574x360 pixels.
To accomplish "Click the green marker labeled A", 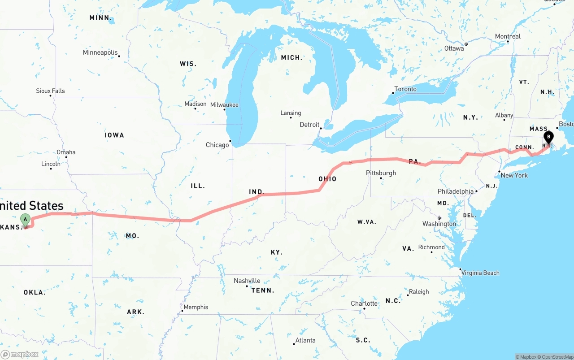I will click(x=26, y=220).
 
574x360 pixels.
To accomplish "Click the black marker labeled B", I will click(x=548, y=137).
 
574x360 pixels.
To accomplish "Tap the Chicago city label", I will click(x=217, y=145).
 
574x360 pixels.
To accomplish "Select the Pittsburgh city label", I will click(x=381, y=173).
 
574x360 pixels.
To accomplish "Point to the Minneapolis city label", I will click(x=100, y=52).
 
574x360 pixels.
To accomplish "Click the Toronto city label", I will click(x=405, y=89).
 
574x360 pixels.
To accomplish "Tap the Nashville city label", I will click(x=247, y=281).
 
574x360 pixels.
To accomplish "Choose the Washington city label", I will click(x=439, y=224).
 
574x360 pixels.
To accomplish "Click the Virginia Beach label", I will click(x=480, y=273).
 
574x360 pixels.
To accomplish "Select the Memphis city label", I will click(x=196, y=307).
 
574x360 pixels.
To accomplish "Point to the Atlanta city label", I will click(x=305, y=340).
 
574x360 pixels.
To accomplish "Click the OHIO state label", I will click(x=327, y=179).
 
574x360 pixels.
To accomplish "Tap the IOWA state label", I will click(x=114, y=135).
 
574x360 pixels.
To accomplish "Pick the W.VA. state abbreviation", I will click(x=367, y=222).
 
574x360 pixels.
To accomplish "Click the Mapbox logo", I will click(x=20, y=354).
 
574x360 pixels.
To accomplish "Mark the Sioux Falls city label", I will click(x=50, y=91).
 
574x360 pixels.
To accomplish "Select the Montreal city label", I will click(x=508, y=36).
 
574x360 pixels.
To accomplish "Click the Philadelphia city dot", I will click(x=476, y=191).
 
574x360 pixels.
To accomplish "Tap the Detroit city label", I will click(x=309, y=125).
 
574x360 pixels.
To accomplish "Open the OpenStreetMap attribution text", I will click(x=557, y=357).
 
